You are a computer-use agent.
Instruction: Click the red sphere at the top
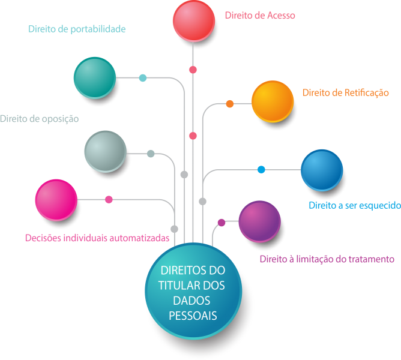coord(193,21)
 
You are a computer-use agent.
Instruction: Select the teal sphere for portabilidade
coord(94,77)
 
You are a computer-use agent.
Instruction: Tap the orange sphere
coord(272,101)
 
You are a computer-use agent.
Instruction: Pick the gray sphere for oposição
coord(105,151)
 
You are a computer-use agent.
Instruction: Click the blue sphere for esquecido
coord(321,170)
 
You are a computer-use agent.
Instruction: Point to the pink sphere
coord(56,200)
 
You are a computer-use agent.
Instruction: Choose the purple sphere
coord(259,221)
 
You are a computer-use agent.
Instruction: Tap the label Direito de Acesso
coord(260,16)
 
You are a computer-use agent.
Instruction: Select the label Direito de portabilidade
coord(77,28)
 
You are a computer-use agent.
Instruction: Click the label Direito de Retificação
coord(346,92)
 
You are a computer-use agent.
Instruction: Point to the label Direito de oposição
coord(40,119)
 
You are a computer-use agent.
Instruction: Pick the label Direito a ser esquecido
coord(354,205)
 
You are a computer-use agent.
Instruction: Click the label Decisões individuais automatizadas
coord(97,238)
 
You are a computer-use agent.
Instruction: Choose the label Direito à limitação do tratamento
coord(327,259)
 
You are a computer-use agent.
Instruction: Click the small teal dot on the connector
coord(143,78)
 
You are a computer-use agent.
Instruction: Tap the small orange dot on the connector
coord(230,104)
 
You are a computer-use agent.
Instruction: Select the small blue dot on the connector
coord(261,169)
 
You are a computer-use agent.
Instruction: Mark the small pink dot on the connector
coord(109,199)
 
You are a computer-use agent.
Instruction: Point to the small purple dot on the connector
coord(221,223)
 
